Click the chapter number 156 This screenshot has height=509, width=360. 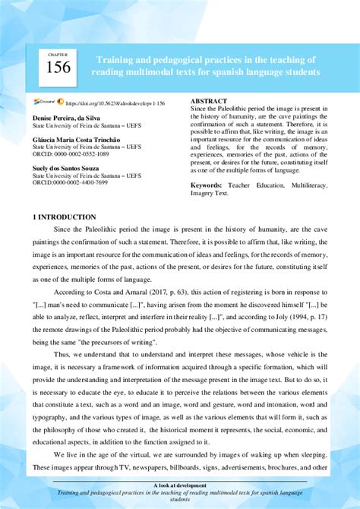(58, 67)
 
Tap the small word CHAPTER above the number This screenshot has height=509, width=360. (58, 55)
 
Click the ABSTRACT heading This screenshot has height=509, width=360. (208, 101)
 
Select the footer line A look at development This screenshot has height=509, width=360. (180, 484)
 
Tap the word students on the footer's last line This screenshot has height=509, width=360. (180, 501)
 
